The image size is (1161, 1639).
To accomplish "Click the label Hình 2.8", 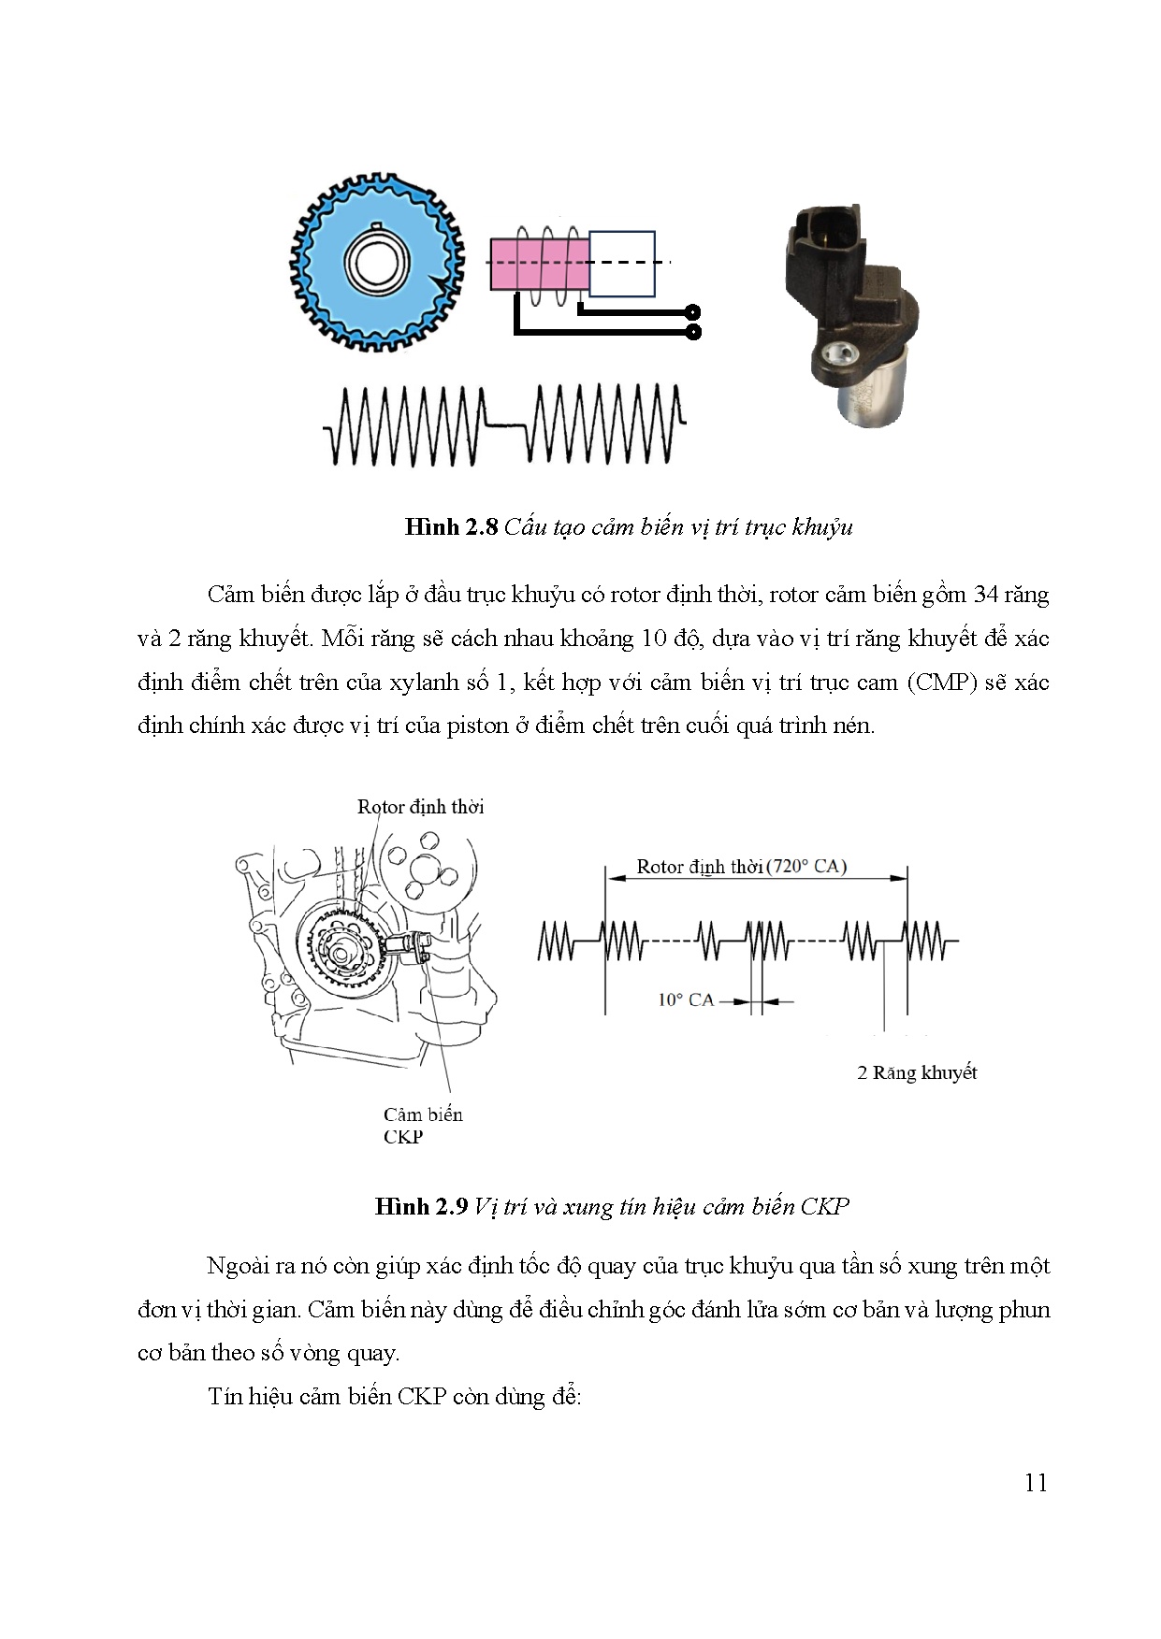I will pos(453,527).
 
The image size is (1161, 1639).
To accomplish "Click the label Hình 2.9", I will pos(420,1206).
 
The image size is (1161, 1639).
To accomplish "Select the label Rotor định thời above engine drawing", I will pos(420,807).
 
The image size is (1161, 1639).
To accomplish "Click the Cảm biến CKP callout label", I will pos(423,1125).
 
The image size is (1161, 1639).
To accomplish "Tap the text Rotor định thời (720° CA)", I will pos(741,866).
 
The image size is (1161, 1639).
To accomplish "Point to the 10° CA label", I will pos(685,1000).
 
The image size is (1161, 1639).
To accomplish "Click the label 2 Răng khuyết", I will pos(917,1072).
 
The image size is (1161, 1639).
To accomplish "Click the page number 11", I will pos(1036,1483).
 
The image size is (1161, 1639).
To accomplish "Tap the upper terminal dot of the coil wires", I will pos(693,311).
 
